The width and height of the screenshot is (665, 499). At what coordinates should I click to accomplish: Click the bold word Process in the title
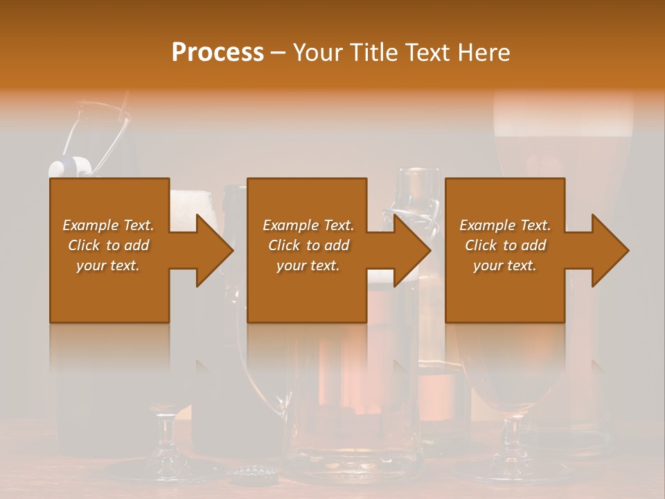click(218, 52)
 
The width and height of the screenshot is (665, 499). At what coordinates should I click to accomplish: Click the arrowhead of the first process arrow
click(215, 250)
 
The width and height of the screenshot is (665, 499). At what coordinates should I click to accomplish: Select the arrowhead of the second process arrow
click(413, 250)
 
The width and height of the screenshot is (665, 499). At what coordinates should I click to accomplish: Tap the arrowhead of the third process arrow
click(611, 250)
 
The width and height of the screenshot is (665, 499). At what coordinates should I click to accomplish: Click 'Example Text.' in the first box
click(108, 225)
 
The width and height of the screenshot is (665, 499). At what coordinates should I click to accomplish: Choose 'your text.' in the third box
click(505, 265)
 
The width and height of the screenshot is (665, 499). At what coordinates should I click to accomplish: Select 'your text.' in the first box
click(108, 265)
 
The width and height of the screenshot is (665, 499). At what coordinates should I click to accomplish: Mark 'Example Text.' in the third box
click(505, 225)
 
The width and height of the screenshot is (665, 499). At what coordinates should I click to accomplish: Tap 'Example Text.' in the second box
click(308, 225)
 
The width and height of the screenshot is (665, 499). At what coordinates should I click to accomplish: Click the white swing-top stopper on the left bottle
click(70, 166)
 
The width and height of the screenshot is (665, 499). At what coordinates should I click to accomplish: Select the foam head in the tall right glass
click(562, 111)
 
